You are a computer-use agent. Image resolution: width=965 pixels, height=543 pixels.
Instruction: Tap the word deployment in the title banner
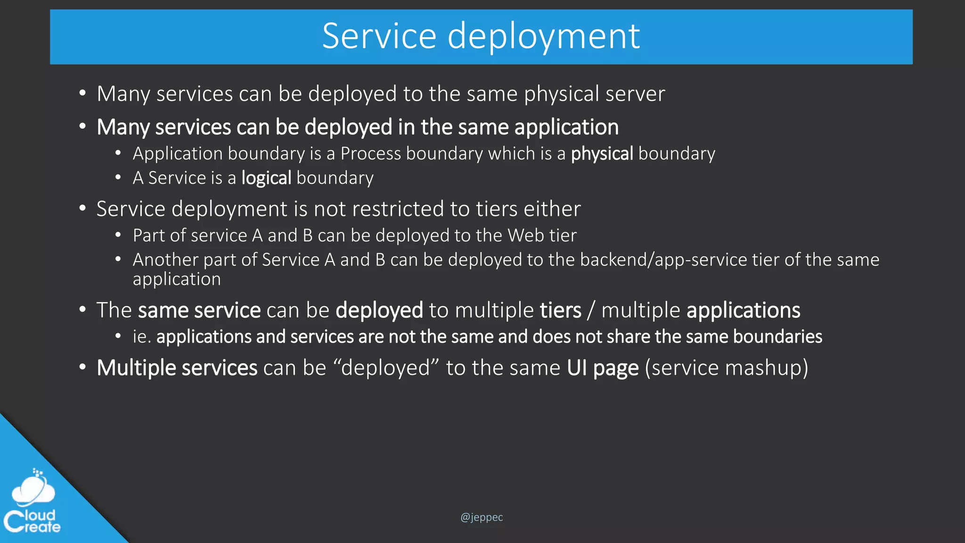[543, 37]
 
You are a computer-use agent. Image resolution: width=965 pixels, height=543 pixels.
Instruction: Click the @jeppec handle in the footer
[482, 517]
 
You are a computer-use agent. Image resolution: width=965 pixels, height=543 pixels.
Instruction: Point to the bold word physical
[602, 154]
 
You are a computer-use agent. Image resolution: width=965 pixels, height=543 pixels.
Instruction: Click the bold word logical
[266, 178]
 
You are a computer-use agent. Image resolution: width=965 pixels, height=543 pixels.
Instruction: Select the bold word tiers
[560, 310]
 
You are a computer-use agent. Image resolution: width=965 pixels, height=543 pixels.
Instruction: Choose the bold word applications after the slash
[743, 310]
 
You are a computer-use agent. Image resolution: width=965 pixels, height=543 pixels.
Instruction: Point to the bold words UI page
[603, 368]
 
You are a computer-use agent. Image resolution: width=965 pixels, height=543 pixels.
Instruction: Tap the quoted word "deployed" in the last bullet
[385, 368]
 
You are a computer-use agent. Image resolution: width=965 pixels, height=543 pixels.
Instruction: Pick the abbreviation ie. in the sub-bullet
[141, 337]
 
